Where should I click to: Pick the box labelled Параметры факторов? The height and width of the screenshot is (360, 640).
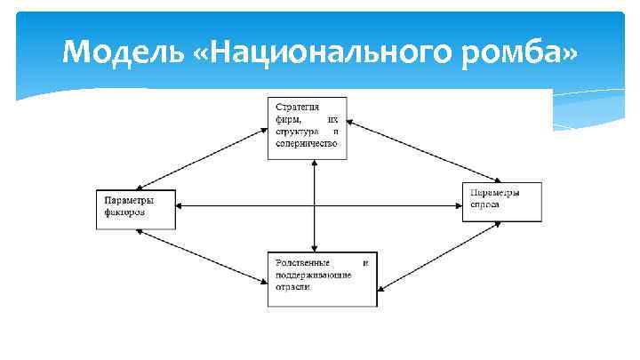(x=136, y=208)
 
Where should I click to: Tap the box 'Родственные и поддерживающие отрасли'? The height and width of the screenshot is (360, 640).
(x=322, y=279)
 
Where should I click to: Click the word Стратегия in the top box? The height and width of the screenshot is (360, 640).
(x=297, y=107)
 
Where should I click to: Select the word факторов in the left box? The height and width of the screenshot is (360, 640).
(x=124, y=214)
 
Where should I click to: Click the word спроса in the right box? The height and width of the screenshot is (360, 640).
(x=485, y=205)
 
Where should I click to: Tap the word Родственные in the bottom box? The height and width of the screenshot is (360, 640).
(x=302, y=263)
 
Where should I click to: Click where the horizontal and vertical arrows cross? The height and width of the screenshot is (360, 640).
(x=315, y=206)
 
